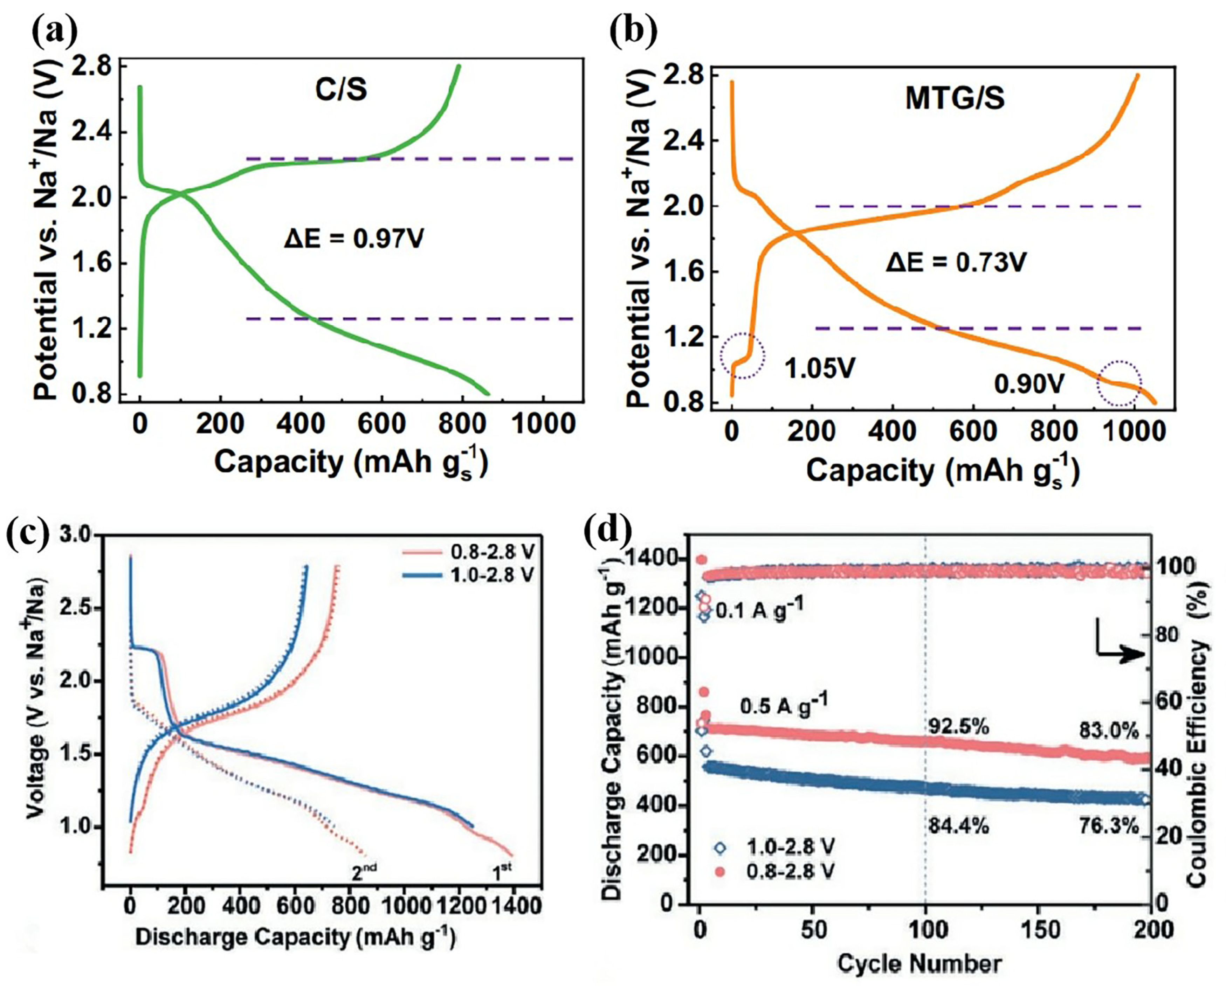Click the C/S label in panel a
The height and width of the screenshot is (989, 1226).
341,89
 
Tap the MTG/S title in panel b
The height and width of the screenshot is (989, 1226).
955,98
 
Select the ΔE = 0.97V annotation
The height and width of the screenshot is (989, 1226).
354,239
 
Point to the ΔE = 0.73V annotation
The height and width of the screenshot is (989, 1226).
955,263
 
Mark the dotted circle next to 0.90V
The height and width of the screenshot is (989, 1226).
1120,383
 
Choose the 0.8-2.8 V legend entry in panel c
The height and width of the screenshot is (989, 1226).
467,553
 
